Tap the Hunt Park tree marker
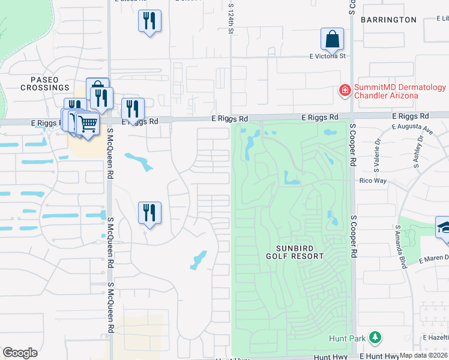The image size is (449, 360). pos(375,338)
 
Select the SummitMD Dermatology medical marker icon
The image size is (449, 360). pos(345,91)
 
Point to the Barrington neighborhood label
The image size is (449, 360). pos(388,20)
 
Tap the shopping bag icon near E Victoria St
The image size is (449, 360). pos(332,40)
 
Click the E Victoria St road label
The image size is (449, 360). pos(328,56)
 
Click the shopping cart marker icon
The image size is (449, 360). pos(88,124)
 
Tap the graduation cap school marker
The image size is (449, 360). pos(444,229)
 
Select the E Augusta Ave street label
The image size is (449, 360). pos(412,128)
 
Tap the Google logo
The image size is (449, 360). pos(20,352)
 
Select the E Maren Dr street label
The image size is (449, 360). pos(433,259)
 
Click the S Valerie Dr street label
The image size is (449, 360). pos(378,155)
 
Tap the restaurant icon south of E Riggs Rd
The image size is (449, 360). pos(149,213)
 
